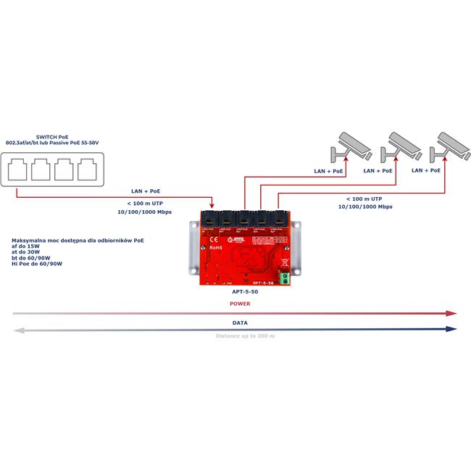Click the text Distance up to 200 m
[x=245, y=336]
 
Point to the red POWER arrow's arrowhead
[x=451, y=313]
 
